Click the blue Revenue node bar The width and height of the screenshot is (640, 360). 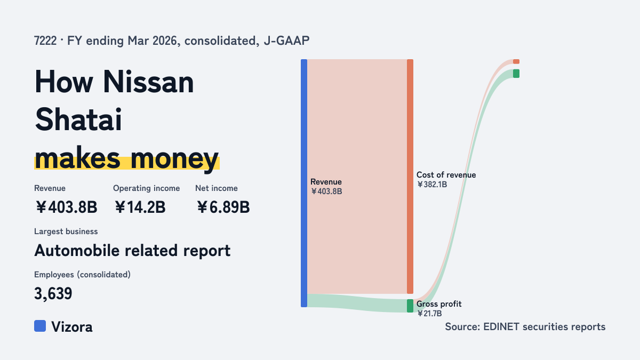click(304, 183)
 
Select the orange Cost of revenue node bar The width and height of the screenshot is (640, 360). click(410, 177)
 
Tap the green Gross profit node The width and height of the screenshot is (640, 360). click(410, 306)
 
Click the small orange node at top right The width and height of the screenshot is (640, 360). click(516, 61)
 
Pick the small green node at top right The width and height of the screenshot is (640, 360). click(516, 74)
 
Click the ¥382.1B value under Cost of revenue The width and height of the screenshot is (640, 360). click(431, 185)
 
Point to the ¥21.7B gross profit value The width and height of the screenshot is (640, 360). click(429, 314)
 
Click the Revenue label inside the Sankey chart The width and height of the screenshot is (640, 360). click(326, 182)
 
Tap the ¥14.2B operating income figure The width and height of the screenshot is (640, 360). click(140, 207)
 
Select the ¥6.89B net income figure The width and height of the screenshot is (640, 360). click(223, 207)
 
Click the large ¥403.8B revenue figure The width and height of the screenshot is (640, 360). click(66, 207)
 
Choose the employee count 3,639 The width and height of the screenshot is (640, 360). click(53, 293)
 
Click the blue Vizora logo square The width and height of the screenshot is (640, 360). click(40, 326)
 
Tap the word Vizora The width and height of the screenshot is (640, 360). click(72, 327)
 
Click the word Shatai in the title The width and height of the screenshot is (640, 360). click(78, 119)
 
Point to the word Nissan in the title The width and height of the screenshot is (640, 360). click(148, 82)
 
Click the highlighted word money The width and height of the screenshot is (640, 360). click(174, 158)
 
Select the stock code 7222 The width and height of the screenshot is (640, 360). click(45, 41)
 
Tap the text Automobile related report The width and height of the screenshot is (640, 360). click(132, 251)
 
